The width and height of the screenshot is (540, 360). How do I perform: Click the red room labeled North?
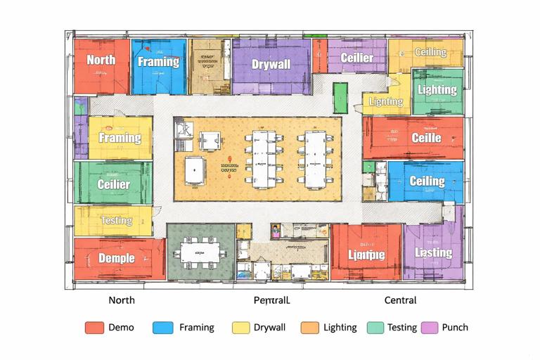101,65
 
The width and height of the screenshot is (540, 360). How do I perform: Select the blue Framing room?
158,65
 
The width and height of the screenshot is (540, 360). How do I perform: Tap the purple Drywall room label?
271,65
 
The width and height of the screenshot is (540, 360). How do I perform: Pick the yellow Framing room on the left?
120,138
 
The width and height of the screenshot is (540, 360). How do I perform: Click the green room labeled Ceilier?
113,184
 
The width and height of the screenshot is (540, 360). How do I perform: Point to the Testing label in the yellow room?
116,220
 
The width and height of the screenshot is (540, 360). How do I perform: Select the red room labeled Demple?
117,258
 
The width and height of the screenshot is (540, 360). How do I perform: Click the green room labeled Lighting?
437,91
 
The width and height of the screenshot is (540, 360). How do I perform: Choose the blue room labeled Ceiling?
427,181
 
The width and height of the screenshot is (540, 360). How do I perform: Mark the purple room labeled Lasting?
433,252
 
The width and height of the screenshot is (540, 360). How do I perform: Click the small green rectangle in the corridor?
340,98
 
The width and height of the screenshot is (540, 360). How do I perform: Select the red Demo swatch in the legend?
94,328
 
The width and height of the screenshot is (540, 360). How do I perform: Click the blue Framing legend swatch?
162,328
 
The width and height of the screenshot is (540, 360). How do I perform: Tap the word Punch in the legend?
456,328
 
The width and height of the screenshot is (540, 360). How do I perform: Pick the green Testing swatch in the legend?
375,328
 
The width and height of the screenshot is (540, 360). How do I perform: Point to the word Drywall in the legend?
270,328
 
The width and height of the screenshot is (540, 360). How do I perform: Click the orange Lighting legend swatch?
309,328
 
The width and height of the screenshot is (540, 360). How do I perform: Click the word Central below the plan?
400,300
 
